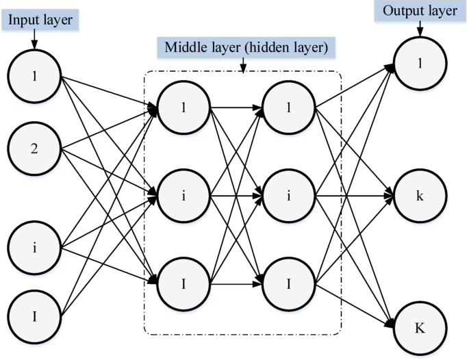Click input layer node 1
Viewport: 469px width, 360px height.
pos(34,75)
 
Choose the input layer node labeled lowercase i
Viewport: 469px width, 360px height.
pos(34,247)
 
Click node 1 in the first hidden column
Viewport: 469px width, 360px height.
pos(183,108)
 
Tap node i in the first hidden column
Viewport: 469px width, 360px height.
pos(183,196)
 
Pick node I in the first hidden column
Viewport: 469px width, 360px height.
pos(183,282)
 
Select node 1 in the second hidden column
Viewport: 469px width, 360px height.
pos(288,108)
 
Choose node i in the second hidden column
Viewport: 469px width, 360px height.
pos(288,196)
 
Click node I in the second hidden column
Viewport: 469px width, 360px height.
pos(288,282)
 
